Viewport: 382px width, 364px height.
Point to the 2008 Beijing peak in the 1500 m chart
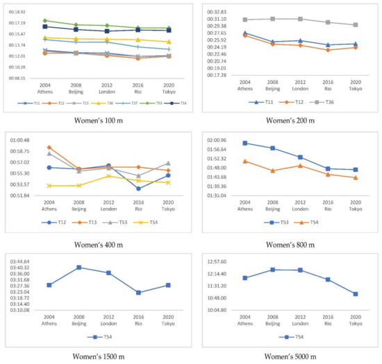(x=78, y=268)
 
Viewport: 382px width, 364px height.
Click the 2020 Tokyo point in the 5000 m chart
(x=355, y=294)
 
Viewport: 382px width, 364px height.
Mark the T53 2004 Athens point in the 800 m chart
(x=244, y=143)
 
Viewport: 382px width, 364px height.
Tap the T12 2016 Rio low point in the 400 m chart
(x=139, y=189)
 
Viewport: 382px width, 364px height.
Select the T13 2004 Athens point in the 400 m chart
(x=49, y=147)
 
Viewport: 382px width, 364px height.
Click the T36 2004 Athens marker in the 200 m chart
(x=244, y=19)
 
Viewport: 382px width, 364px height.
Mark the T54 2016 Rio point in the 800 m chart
(x=327, y=174)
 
